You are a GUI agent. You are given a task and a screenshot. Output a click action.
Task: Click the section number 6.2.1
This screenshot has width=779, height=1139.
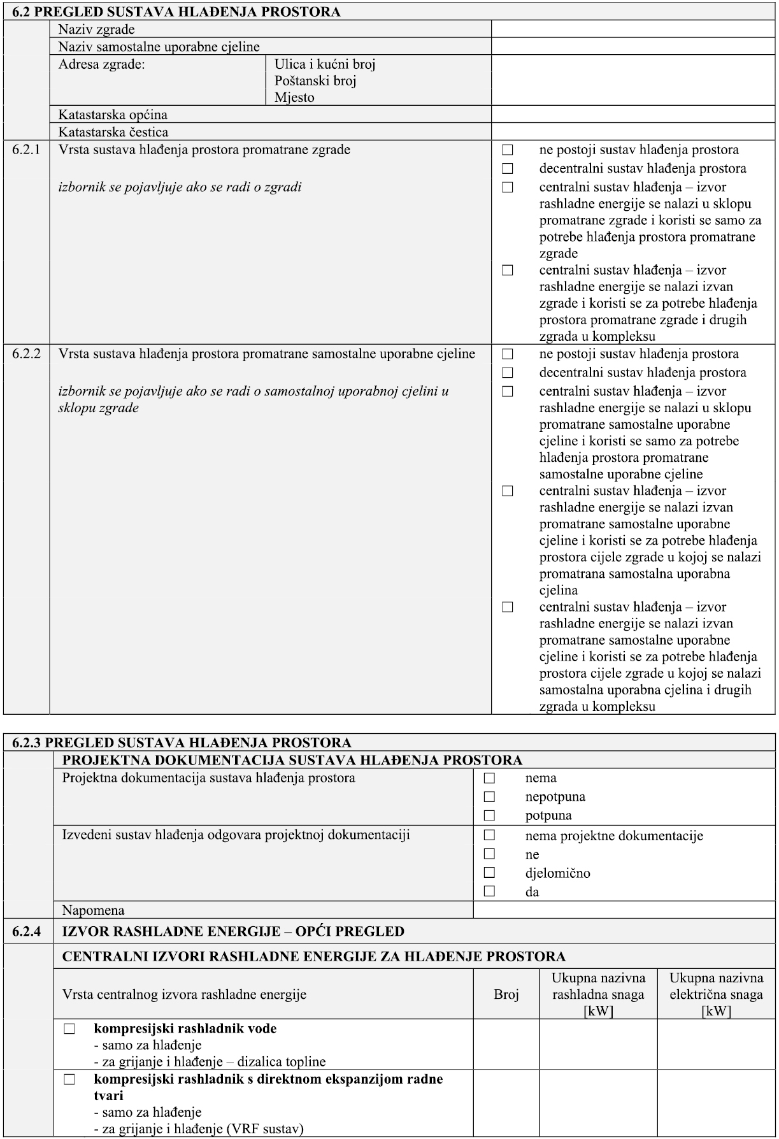(x=26, y=150)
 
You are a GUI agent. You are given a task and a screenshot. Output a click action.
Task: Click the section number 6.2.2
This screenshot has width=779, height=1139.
(x=26, y=354)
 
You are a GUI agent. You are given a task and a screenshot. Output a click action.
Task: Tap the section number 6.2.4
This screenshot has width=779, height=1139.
(x=27, y=931)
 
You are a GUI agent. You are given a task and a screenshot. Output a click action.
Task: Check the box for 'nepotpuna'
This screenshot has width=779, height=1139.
(x=489, y=796)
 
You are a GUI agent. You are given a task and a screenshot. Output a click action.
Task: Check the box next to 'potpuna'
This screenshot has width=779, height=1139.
(x=489, y=815)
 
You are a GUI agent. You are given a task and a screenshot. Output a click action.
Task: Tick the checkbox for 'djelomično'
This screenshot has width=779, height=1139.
(x=489, y=873)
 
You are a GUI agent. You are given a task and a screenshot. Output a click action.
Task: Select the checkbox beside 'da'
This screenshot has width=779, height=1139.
(x=489, y=891)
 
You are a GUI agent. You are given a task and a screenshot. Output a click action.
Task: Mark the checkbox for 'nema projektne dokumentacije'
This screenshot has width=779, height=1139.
(x=489, y=835)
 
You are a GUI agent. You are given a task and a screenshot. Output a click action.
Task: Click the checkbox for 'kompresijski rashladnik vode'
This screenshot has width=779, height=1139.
(x=69, y=1029)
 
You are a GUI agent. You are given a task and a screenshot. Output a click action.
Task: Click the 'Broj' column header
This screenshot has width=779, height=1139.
(x=506, y=994)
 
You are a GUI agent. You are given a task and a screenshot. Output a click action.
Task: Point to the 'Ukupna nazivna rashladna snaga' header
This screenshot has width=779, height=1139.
(x=598, y=994)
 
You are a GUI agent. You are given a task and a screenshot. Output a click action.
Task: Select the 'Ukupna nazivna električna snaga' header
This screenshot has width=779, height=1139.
(x=716, y=994)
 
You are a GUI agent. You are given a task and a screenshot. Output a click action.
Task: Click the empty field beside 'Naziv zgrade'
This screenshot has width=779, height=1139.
(x=632, y=29)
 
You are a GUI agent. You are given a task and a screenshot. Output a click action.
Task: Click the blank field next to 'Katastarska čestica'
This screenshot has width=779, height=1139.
(x=632, y=132)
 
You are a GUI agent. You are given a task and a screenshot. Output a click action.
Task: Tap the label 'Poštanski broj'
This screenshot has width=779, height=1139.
(x=315, y=81)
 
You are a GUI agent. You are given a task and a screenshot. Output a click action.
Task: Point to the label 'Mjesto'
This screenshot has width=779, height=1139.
(x=294, y=97)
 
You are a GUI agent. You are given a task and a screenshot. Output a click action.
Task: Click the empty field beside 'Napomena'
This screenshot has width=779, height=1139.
(x=624, y=910)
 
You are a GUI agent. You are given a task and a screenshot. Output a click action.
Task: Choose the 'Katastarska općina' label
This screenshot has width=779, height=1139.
(x=113, y=115)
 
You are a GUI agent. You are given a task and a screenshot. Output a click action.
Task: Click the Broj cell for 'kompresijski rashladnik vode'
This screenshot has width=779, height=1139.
(x=506, y=1045)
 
